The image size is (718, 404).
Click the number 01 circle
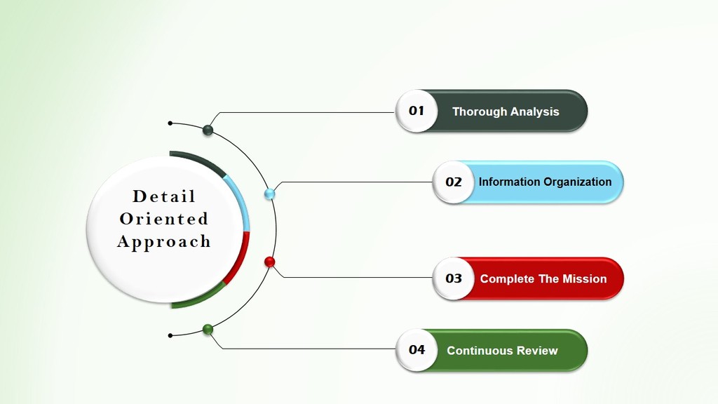click(x=416, y=111)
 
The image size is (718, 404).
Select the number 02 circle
click(x=454, y=182)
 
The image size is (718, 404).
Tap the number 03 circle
click(x=454, y=278)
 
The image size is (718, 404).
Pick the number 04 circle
click(x=416, y=350)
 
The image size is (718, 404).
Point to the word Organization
click(x=578, y=182)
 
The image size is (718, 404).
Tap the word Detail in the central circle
click(x=164, y=196)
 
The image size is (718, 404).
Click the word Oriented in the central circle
click(x=164, y=219)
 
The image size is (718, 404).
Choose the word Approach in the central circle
click(x=164, y=241)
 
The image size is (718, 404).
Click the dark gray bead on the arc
click(x=208, y=130)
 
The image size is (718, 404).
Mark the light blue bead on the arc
click(x=270, y=194)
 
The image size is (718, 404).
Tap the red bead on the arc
click(x=270, y=262)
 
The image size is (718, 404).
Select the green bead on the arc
click(x=208, y=330)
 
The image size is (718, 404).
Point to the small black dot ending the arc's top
click(x=170, y=123)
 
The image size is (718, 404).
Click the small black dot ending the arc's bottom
click(x=170, y=336)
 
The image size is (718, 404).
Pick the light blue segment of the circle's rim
click(x=241, y=201)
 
